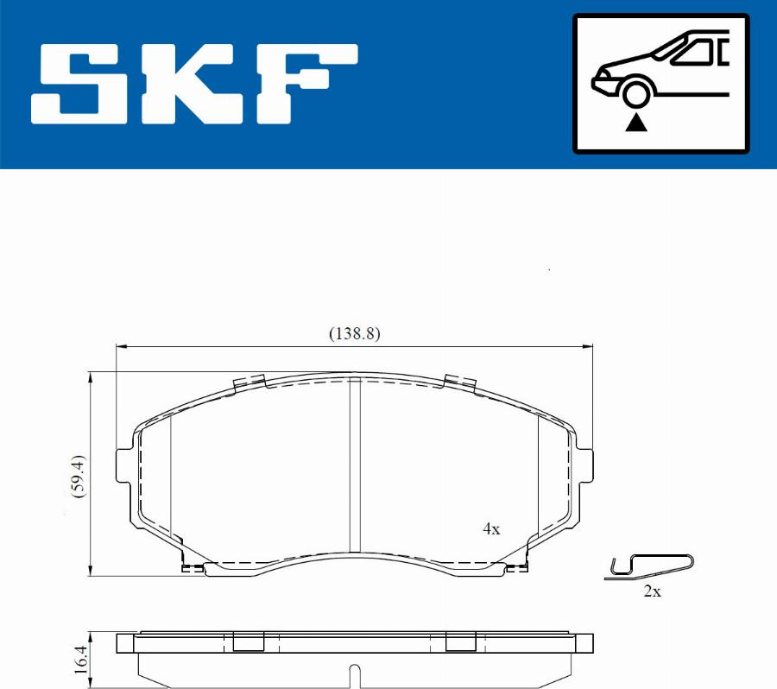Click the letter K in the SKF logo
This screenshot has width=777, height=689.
[192, 83]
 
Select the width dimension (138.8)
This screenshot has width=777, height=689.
[354, 333]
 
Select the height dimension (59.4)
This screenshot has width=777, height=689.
[78, 474]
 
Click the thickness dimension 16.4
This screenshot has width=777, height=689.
[80, 661]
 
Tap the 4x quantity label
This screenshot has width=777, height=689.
[490, 529]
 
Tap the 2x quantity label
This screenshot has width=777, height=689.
[652, 591]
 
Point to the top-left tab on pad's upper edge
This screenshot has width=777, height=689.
[249, 382]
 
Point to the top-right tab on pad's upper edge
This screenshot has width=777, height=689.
[460, 382]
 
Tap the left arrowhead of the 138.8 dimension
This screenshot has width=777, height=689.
[121, 347]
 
